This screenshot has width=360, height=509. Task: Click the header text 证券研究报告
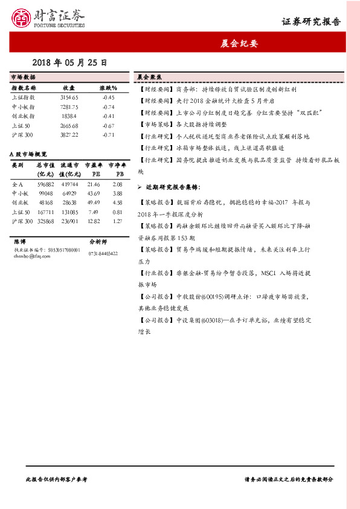(x=311, y=22)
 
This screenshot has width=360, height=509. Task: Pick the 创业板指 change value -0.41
(x=108, y=116)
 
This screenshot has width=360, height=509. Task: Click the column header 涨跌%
(x=108, y=88)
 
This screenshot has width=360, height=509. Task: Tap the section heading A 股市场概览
(x=29, y=155)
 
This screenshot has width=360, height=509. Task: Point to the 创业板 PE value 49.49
(x=93, y=203)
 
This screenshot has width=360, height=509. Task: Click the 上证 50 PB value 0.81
(x=118, y=212)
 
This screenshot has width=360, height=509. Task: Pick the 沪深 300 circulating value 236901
(x=69, y=221)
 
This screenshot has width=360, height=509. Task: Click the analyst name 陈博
(x=19, y=241)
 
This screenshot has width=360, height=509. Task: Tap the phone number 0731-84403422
(x=103, y=253)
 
